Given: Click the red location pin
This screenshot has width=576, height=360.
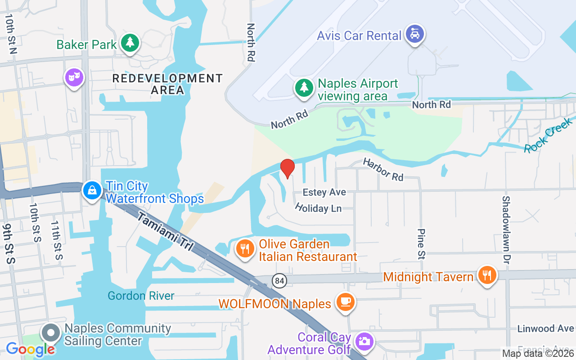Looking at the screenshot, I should coord(287,168).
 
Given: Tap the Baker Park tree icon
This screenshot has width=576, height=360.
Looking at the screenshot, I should coord(130,43).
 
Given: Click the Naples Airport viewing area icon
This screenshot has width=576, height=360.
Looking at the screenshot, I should coord(304,88).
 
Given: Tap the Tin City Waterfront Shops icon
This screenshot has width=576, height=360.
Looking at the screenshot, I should coord(92,190).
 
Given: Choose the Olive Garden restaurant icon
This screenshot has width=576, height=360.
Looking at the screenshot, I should coord(245,248).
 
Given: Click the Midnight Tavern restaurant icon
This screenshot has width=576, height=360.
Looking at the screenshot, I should coord(486,275).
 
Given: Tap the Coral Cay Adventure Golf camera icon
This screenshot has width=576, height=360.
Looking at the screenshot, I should coord(364,341).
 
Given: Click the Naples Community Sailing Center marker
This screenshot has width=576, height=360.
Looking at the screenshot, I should coord(51,333).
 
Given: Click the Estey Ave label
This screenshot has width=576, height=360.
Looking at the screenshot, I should coord(324,192).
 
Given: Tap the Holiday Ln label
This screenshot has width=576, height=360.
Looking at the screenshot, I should coord(318,208).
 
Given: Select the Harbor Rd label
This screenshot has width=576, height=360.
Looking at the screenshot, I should coord(383,170).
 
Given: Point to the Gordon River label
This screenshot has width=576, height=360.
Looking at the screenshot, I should coord(141,296).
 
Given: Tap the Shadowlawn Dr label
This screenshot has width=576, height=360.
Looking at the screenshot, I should coord(507,229).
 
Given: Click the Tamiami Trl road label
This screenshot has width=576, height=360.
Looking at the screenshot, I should coord(165,232).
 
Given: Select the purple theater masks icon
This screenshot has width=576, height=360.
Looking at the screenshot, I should coord(74,77).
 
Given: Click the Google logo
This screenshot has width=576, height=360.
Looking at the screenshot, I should coord(30,349).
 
